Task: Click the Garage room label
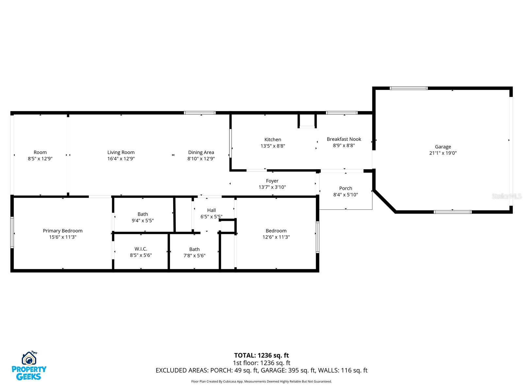coord(443,147)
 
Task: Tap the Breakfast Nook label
coord(344,139)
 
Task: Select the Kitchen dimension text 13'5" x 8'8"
coord(273,146)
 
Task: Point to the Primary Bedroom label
coord(63,231)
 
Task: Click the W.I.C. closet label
coord(141,249)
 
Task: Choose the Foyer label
coord(272,181)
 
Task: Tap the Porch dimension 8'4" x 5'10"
coord(346,195)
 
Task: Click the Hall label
coord(211,210)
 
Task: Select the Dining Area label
coord(201,152)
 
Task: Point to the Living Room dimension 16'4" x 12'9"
coord(121,159)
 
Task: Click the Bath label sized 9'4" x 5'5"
coord(143,214)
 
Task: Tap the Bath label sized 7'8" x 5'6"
coord(194,249)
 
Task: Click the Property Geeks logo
coord(29,366)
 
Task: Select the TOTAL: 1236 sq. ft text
coord(261,355)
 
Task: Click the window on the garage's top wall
coord(409,88)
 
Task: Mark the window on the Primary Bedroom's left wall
coord(12,232)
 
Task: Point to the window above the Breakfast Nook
coord(342,113)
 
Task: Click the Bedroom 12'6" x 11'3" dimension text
coord(276,237)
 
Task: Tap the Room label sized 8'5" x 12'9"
coord(40,152)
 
